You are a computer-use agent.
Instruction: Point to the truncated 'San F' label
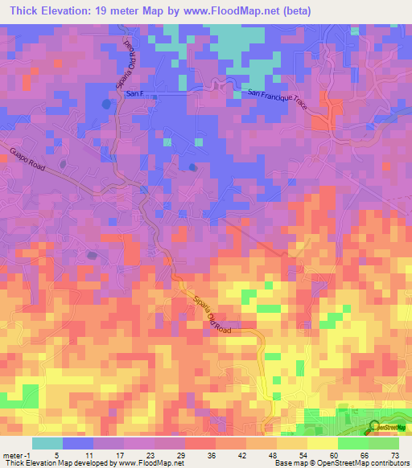(135, 93)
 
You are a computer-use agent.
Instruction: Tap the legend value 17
(123, 455)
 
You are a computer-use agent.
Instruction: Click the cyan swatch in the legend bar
(47, 443)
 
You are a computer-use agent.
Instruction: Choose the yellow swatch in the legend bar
(321, 443)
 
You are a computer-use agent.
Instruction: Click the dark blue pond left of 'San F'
(106, 104)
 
